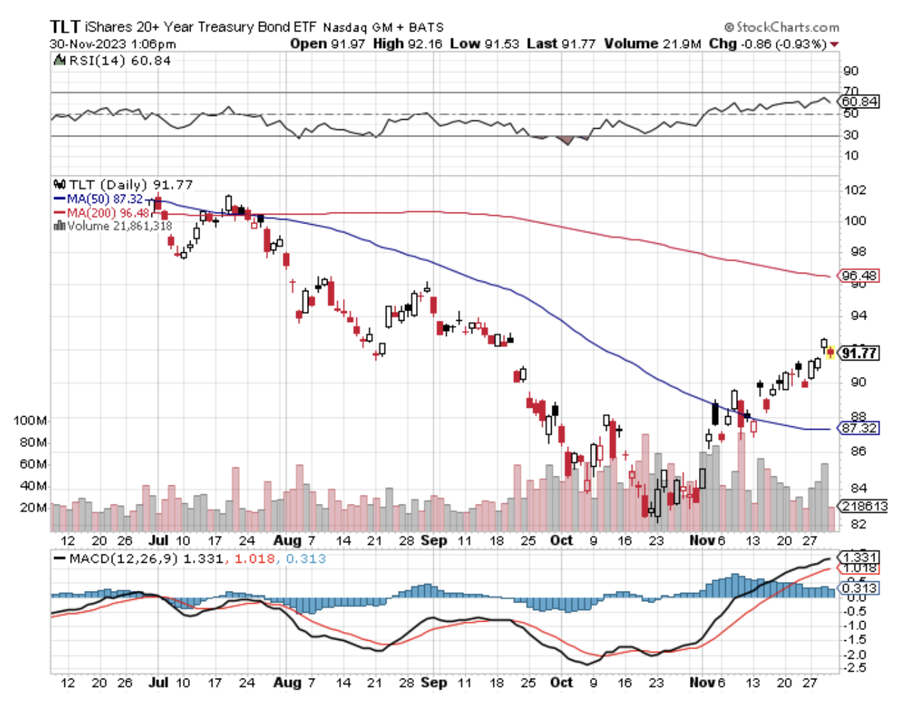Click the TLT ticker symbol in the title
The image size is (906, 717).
coord(64,27)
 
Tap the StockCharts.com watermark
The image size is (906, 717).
coord(782,27)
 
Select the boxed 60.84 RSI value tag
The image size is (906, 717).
coord(859,101)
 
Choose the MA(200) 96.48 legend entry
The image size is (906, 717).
coord(107,212)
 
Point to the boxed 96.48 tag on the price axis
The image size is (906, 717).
coord(859,276)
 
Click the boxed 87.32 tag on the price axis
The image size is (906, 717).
coord(859,428)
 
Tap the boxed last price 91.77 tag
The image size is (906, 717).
coord(859,353)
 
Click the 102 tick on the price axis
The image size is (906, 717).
coord(854,190)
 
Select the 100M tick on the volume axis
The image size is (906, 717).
coord(30,420)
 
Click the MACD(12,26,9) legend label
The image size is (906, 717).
coord(122,559)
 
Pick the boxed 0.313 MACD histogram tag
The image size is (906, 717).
coord(859,588)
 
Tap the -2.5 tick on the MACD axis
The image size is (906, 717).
coord(853,667)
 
